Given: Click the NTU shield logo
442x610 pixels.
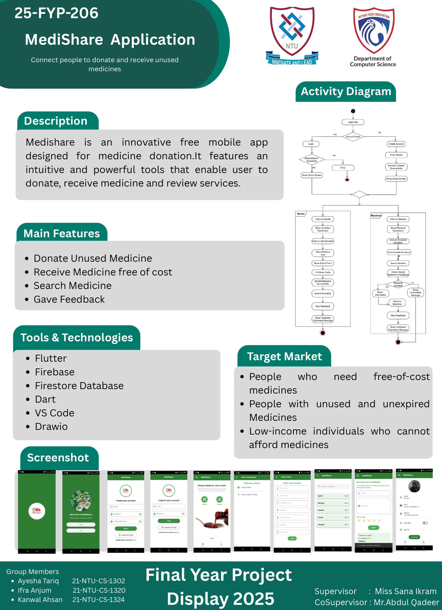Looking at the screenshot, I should pos(292,35).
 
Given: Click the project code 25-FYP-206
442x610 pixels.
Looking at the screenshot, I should pos(56,13).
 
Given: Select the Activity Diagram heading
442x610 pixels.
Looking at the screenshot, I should pos(346,91).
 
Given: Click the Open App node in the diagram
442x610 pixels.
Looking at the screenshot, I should pos(353,122).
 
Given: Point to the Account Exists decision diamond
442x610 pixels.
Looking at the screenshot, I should pos(353,136).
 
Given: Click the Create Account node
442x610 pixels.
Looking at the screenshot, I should pos(396,144).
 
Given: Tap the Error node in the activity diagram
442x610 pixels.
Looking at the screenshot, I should pos(343,168).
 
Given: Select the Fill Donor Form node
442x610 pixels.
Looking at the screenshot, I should pos(323,272).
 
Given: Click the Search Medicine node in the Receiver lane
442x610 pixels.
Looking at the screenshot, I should pos(398,263).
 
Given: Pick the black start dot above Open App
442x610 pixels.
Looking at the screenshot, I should pos(353,111).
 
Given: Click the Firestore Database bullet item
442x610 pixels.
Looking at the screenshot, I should pos(79,386).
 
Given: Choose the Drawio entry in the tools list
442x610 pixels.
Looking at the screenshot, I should pos(51,427).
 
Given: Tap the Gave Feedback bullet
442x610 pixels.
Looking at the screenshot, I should pos(69,299).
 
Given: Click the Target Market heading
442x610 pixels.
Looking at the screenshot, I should pos(284,356).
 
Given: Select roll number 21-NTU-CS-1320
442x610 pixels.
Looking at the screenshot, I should pos(99,590).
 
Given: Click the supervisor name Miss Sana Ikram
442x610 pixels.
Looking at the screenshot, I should pos(406,591).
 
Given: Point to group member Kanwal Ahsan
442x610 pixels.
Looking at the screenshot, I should pos(40,600).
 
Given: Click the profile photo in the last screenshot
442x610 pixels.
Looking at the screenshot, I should pos(414,486).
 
